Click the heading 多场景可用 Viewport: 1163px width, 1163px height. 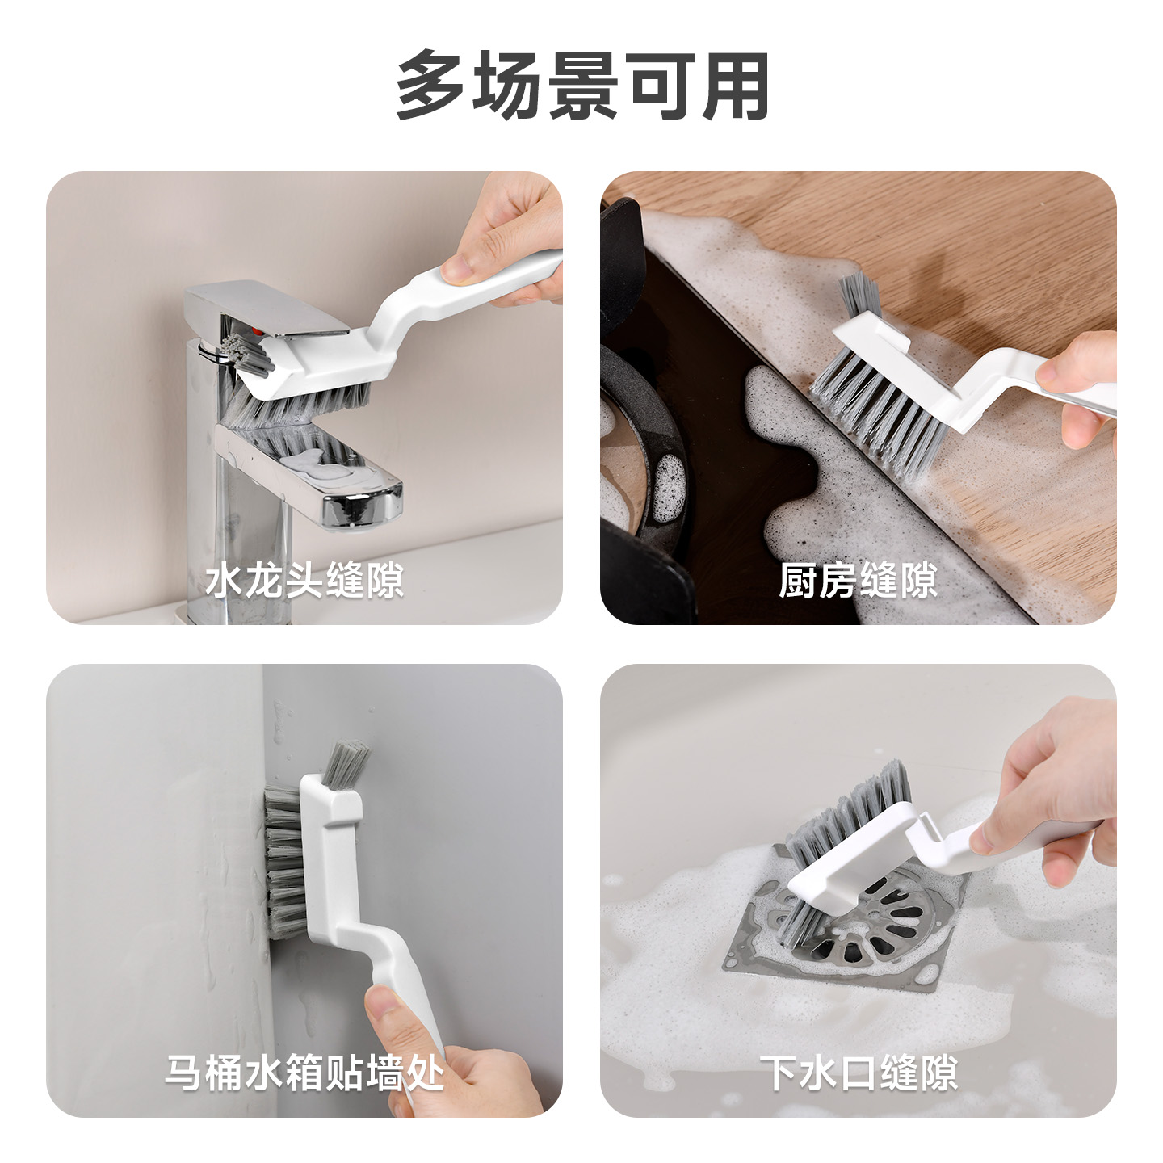click(581, 86)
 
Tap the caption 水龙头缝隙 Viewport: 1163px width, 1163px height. click(304, 581)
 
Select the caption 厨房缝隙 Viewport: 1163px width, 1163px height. click(858, 581)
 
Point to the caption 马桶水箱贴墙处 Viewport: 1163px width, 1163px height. click(304, 1073)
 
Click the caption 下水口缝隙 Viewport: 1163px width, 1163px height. click(858, 1073)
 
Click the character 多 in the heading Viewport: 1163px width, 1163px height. click(430, 86)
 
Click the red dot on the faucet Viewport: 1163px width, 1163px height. click(257, 331)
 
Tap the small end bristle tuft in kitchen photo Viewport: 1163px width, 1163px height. click(859, 296)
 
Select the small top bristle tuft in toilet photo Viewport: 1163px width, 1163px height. click(345, 762)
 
